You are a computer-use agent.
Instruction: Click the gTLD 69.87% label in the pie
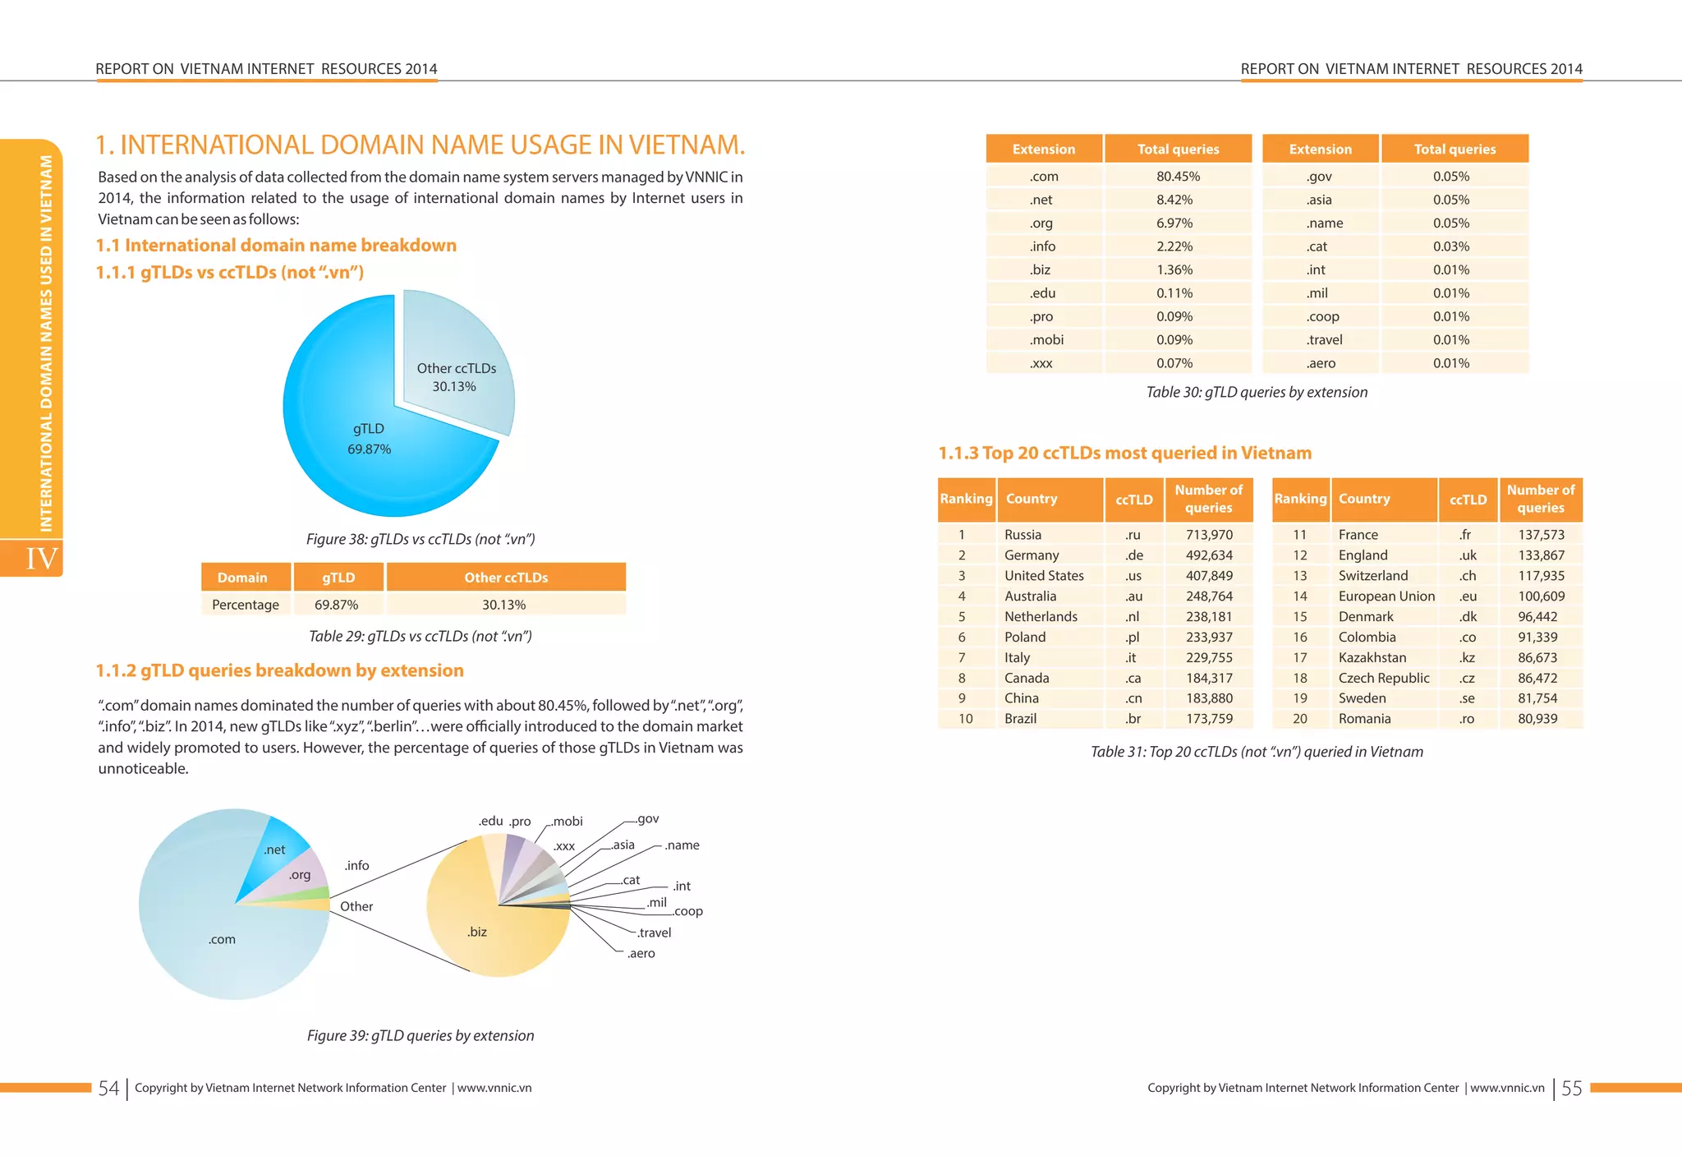369,439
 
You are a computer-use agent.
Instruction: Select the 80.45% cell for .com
1178,177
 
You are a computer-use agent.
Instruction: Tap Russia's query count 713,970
1209,535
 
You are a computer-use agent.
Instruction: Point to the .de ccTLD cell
1134,555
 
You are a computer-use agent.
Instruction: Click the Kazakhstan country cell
1372,657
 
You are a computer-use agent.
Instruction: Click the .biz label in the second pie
476,932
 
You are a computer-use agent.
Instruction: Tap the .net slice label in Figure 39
274,850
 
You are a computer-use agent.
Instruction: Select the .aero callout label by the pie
641,954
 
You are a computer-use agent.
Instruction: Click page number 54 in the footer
108,1089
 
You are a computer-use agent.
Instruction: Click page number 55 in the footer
1571,1089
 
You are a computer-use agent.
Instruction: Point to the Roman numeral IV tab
41,559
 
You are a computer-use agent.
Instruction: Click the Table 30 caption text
1257,393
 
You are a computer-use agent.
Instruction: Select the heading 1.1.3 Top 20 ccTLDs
1124,454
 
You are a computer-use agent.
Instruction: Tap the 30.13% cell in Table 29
503,605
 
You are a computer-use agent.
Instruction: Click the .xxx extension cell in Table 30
1041,363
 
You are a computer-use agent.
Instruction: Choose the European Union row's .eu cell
1468,596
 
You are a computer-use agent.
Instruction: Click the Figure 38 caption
420,540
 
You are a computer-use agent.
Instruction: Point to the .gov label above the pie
647,819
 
